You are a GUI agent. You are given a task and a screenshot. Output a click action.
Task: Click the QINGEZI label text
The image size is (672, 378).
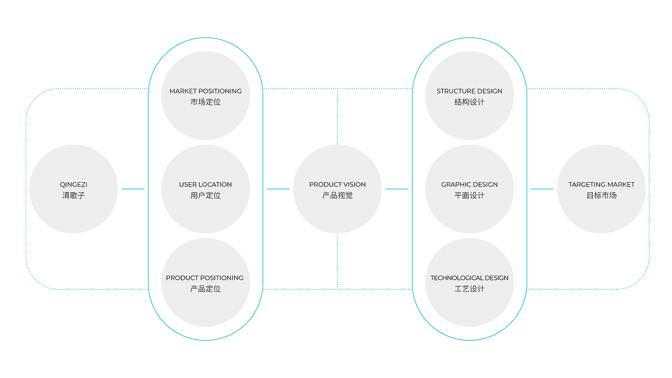tap(73, 184)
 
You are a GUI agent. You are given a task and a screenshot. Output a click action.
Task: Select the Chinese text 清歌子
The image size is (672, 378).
tap(73, 195)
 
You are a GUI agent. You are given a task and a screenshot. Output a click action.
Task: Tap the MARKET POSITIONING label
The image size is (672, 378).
tap(205, 91)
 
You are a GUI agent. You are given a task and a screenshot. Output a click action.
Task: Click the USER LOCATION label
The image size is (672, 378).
tap(205, 184)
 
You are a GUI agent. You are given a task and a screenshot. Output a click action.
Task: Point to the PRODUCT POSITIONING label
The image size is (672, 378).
tap(205, 278)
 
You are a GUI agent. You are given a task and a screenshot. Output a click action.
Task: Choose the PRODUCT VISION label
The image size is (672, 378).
tap(338, 184)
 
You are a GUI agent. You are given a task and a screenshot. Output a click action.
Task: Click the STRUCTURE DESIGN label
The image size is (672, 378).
tap(469, 91)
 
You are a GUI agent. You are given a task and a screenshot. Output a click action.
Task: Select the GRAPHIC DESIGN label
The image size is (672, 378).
tap(469, 184)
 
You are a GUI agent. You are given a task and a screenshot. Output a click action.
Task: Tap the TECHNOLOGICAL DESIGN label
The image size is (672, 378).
tap(469, 278)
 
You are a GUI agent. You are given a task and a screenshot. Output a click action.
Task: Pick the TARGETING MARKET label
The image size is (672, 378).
tap(602, 184)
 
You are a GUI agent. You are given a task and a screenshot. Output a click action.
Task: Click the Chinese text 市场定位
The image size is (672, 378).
tap(205, 102)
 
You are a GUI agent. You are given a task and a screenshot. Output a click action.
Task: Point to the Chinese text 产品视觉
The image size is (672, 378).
tap(338, 195)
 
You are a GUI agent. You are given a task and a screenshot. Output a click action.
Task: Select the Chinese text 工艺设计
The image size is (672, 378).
tap(469, 289)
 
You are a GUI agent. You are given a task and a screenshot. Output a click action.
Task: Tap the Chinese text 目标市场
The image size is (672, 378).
tap(602, 195)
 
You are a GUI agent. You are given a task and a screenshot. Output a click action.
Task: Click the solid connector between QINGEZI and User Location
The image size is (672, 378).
tap(133, 189)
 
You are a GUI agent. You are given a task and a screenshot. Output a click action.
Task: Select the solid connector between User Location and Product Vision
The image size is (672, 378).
tap(278, 189)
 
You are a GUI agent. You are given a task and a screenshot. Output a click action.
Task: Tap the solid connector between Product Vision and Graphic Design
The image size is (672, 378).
tap(397, 189)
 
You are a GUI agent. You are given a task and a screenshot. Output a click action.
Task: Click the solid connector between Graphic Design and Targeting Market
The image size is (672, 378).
tap(542, 189)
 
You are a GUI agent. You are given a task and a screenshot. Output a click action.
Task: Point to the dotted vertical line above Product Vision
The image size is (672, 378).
tap(338, 117)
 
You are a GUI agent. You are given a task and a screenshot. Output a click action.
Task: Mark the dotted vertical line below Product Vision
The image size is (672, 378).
tap(338, 261)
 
